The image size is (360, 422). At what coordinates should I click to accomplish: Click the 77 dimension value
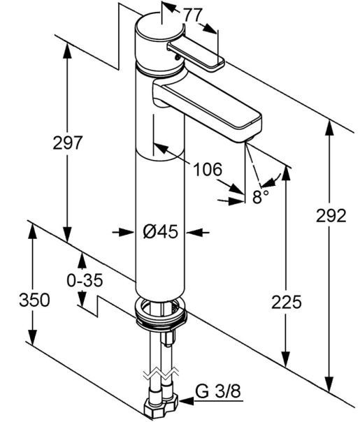193,15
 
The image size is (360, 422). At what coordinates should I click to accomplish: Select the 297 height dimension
67,143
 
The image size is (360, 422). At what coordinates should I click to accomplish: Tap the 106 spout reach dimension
208,170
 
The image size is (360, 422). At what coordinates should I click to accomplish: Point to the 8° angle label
260,197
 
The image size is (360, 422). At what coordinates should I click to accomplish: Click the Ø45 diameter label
161,231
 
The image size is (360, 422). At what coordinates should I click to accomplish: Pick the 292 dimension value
331,215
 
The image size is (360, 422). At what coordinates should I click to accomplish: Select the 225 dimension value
286,302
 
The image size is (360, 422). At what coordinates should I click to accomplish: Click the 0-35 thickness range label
85,280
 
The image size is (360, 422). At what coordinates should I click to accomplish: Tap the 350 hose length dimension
34,300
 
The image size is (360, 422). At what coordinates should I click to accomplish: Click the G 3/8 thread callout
218,391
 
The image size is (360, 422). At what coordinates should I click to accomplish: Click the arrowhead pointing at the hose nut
187,401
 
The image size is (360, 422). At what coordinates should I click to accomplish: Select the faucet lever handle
196,55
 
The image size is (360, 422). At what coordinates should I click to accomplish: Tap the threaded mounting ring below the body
161,313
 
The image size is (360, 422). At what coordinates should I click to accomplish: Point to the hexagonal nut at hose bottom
161,407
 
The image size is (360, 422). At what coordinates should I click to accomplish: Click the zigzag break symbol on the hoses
161,374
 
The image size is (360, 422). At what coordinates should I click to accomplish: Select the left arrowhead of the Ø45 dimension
127,232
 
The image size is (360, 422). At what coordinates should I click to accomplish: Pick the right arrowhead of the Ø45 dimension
194,232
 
